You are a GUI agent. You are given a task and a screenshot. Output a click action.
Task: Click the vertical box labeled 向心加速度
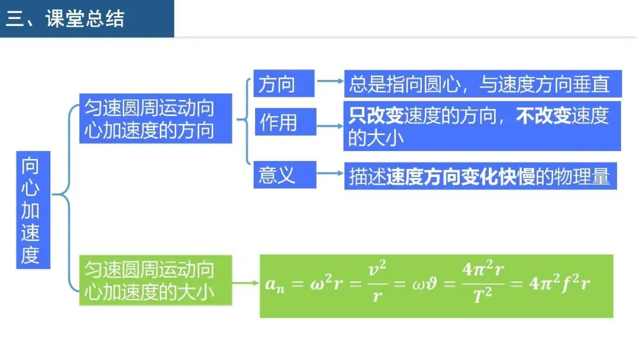coord(33,210)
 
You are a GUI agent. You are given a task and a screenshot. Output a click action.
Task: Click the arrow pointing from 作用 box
coord(330,126)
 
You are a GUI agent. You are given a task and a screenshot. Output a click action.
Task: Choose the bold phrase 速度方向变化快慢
coord(461,177)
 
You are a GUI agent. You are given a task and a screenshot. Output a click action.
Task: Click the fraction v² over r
coord(376,284)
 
